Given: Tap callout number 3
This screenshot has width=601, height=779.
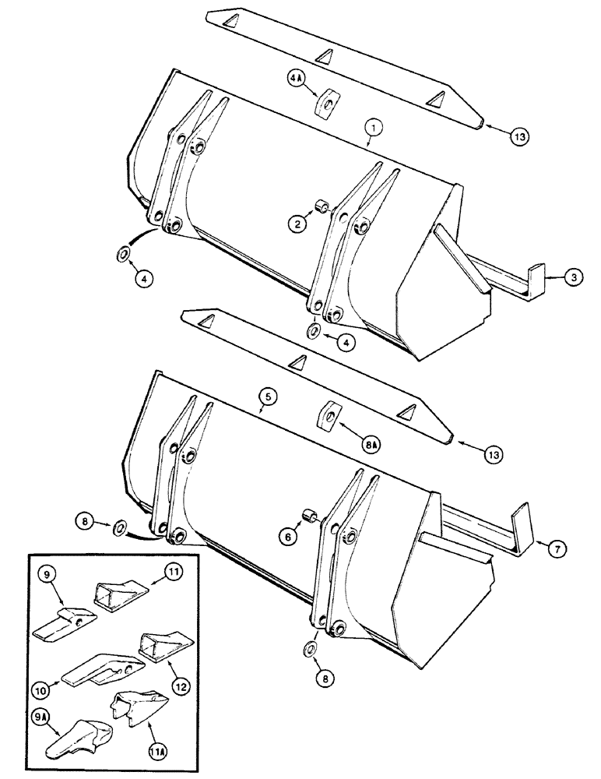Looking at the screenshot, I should [x=571, y=277].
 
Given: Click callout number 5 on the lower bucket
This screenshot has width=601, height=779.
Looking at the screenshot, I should [x=266, y=397].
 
